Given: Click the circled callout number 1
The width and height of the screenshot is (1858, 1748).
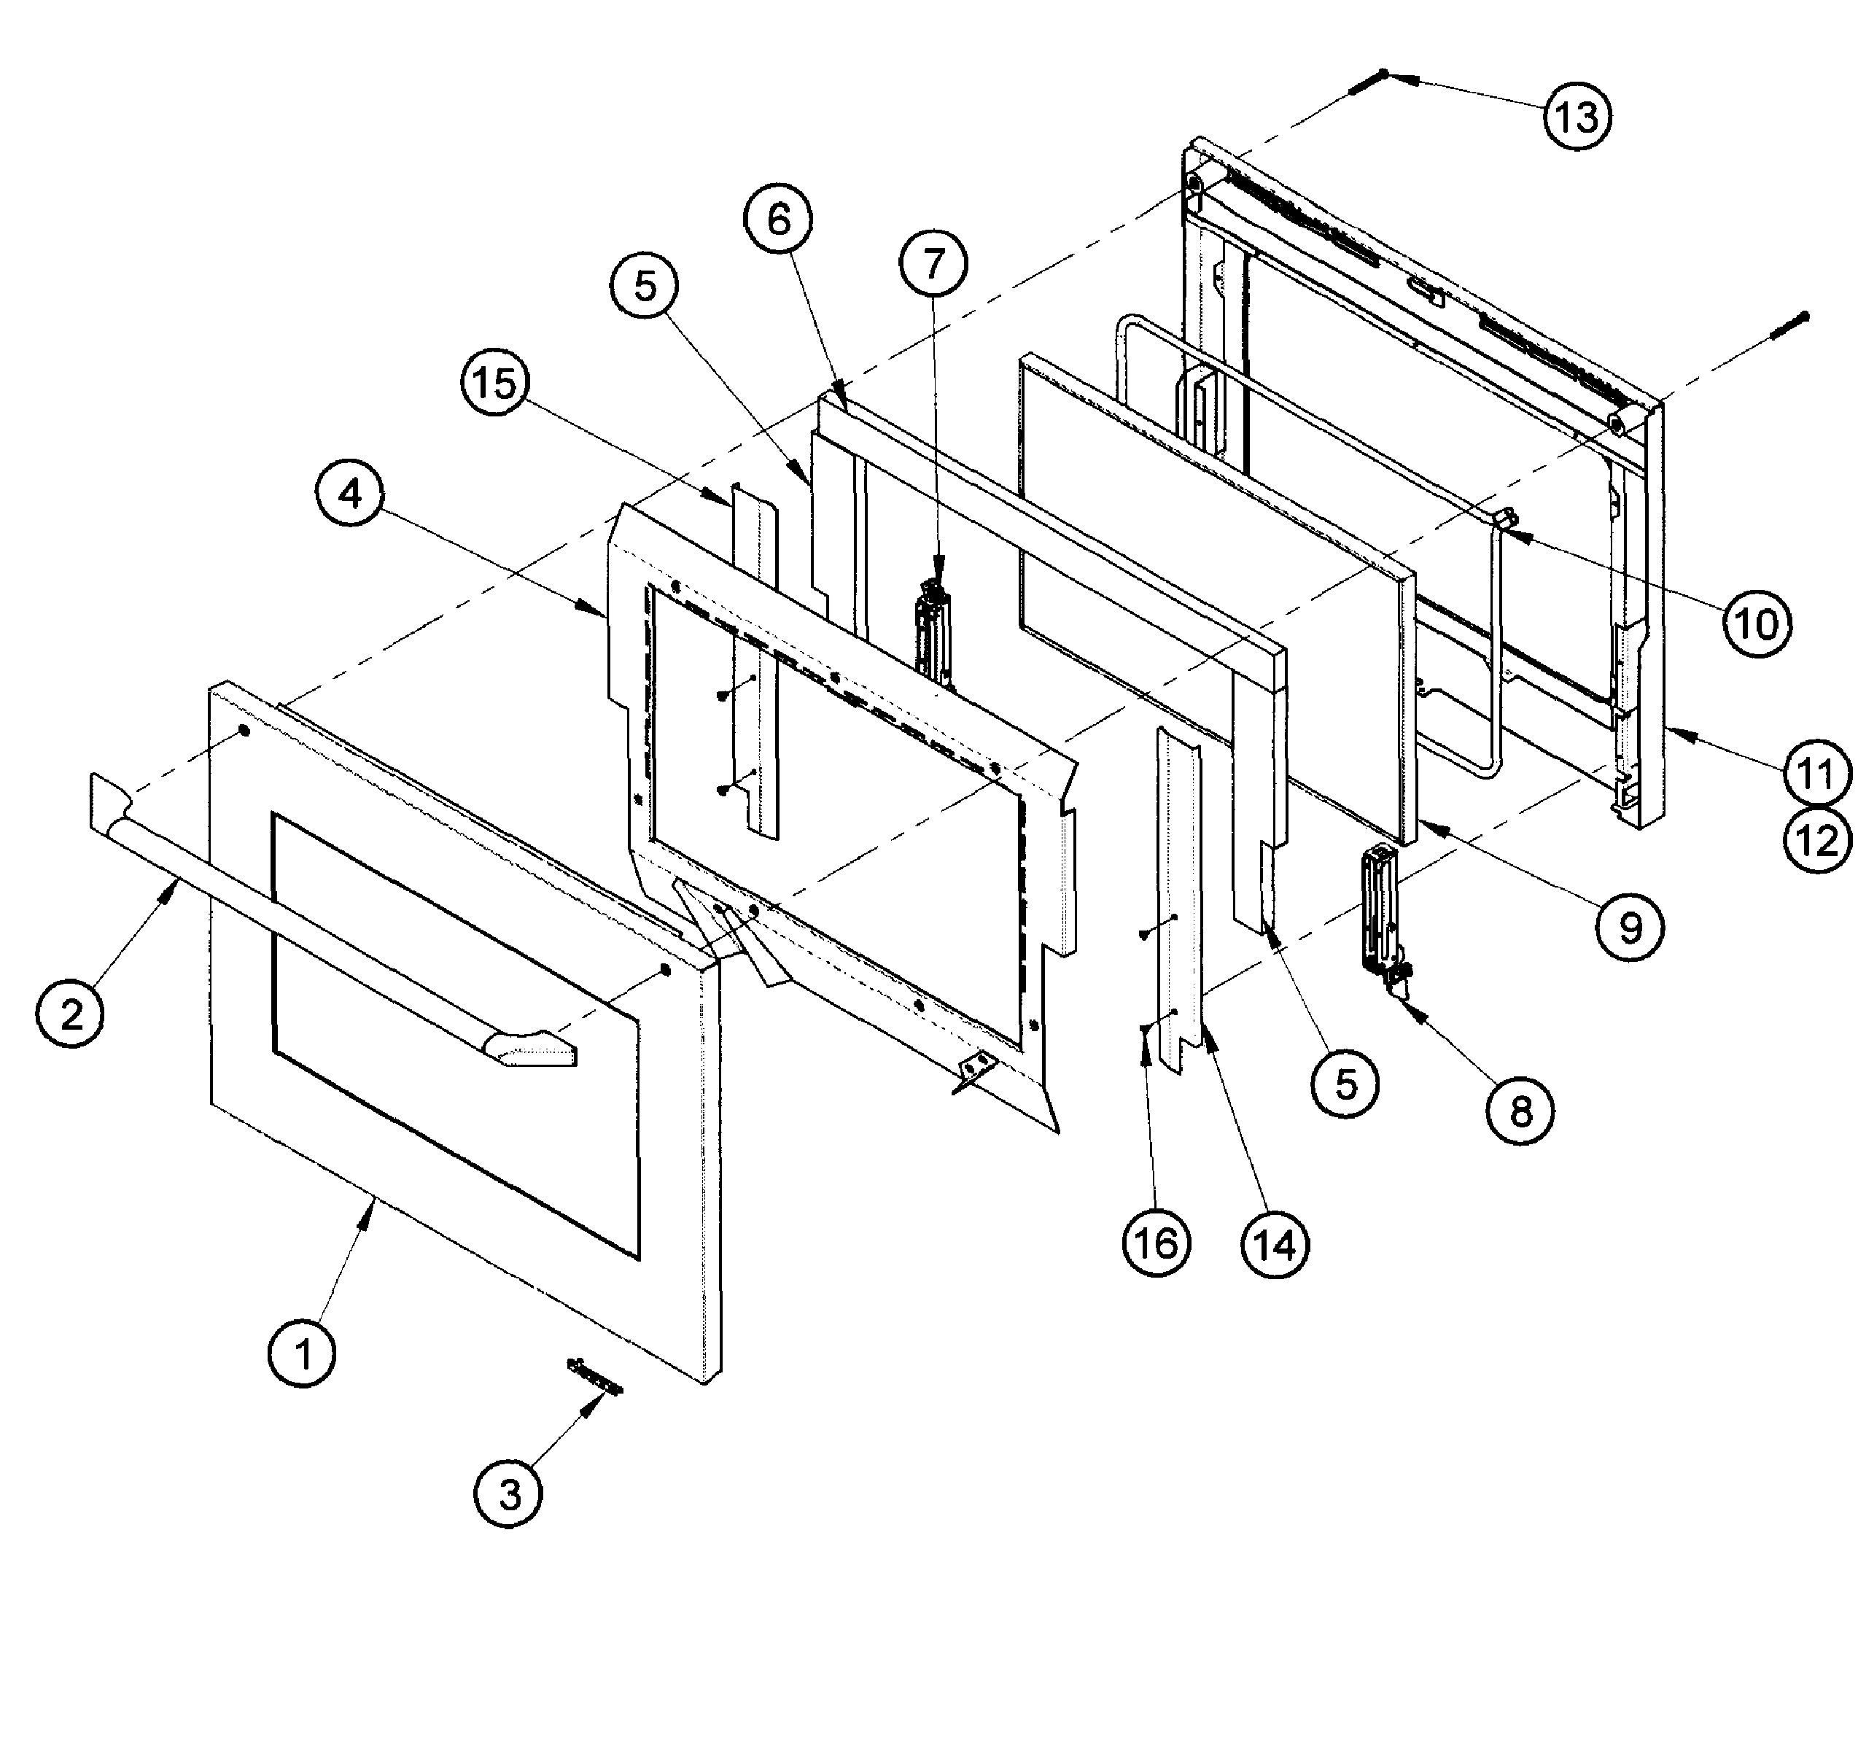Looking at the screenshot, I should coord(303,1353).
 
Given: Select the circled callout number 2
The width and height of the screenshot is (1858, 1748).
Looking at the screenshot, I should coord(72,1013).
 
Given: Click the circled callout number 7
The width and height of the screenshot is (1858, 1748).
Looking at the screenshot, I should coord(933,265).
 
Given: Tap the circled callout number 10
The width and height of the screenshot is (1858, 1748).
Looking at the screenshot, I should coord(1757,624).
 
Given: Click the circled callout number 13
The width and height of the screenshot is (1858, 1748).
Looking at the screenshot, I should coord(1577,117).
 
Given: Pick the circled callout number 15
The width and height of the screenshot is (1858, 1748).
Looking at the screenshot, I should coord(495,382).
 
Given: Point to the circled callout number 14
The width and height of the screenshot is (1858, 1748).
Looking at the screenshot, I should coord(1276,1245).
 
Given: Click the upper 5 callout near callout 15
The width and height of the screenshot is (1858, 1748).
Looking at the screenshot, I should coord(645,286).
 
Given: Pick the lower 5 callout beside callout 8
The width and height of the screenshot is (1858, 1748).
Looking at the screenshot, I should coord(1345,1084).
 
